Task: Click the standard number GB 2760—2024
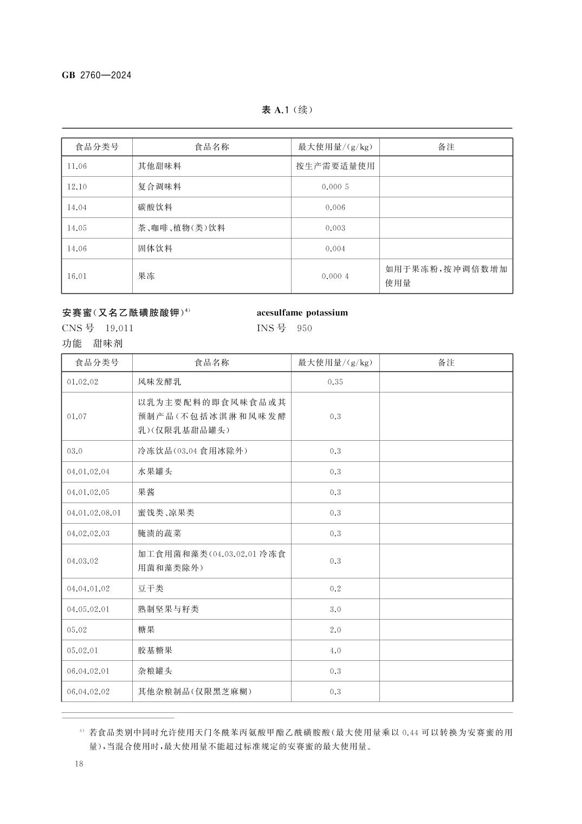[x=96, y=75]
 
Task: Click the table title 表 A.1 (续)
[x=287, y=110]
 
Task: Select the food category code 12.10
[x=77, y=187]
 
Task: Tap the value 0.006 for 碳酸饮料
[x=335, y=208]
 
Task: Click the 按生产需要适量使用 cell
[x=335, y=166]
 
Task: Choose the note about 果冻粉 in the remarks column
[x=446, y=276]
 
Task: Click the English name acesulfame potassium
[x=302, y=313]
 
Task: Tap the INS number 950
[x=305, y=329]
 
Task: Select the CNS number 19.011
[x=119, y=329]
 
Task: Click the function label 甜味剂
[x=108, y=344]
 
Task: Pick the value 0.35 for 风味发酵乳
[x=335, y=382]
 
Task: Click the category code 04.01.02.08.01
[x=94, y=513]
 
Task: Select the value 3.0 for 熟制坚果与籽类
[x=335, y=609]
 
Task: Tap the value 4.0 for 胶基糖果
[x=335, y=651]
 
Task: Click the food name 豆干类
[x=151, y=589]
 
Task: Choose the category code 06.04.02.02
[x=88, y=692]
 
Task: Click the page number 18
[x=79, y=764]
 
